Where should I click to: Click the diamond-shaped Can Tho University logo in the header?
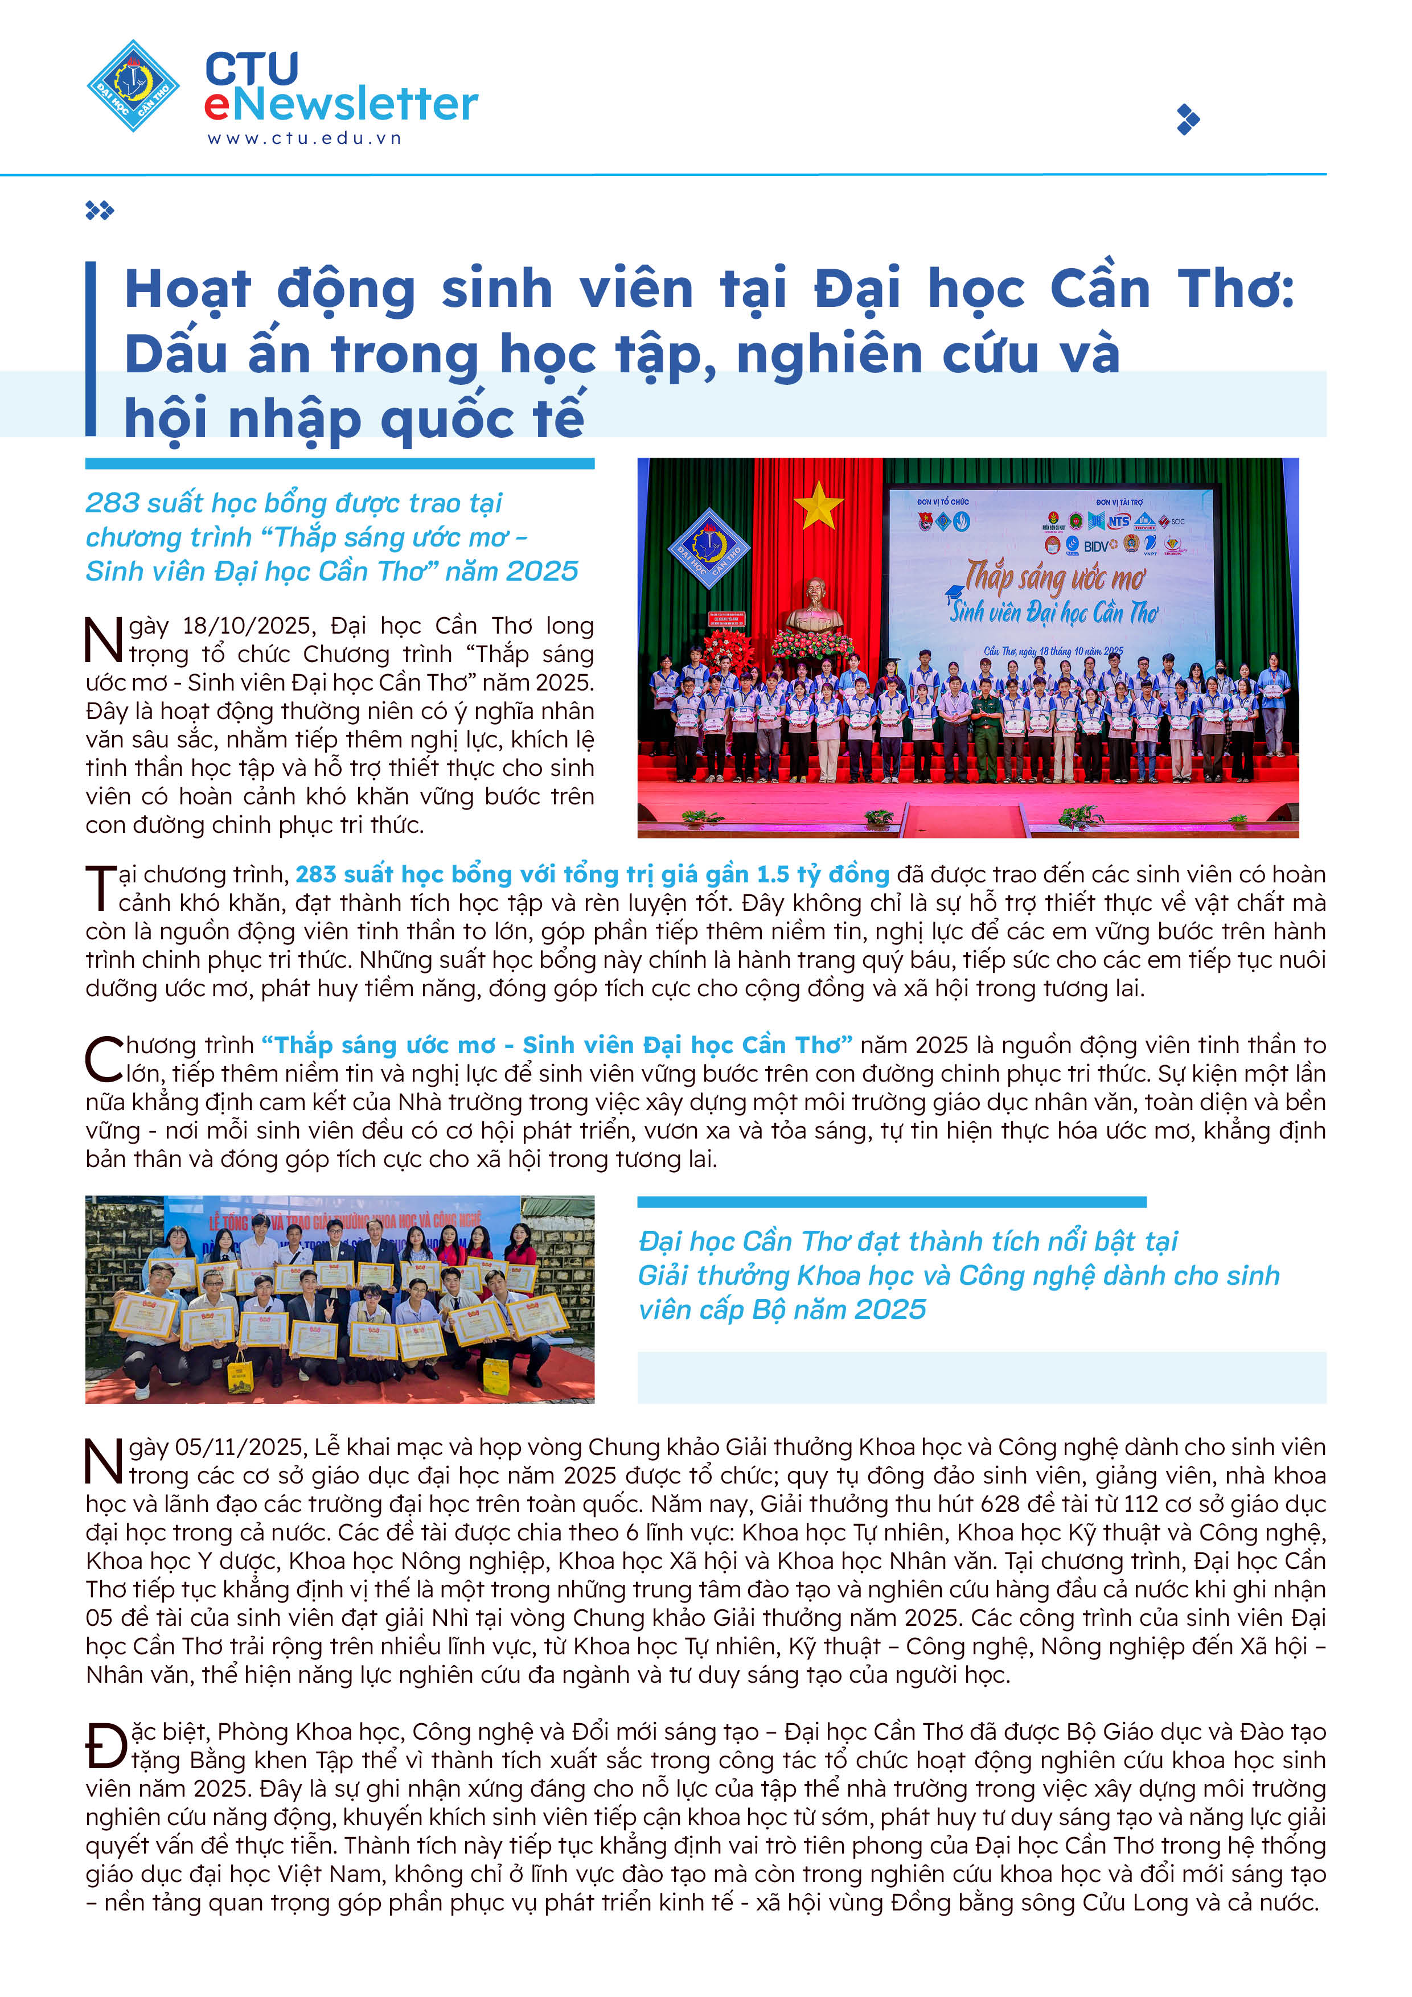[133, 85]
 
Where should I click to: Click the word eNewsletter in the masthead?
[341, 104]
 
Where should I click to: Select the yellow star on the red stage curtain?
[818, 506]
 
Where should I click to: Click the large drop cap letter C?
[104, 1059]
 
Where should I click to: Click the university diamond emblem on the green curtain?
[709, 549]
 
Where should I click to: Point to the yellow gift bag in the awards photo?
[495, 1374]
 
